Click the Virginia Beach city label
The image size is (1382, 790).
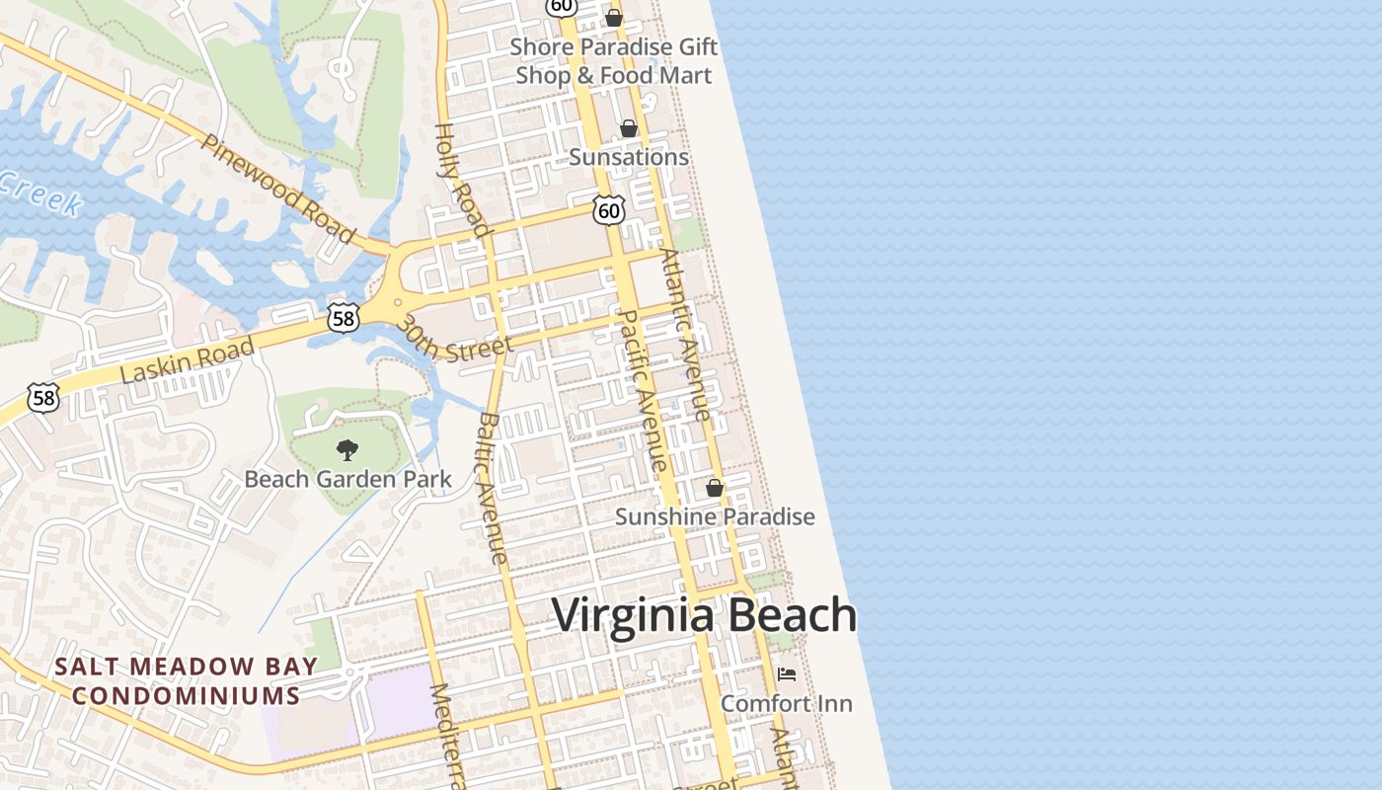coord(704,615)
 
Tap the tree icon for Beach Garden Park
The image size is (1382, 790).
coord(346,451)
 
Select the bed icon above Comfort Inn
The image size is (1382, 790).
coord(787,674)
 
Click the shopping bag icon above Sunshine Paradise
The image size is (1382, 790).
coord(715,488)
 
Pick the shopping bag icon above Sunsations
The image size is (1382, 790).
coord(629,128)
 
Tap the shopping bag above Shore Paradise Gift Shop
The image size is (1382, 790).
coord(614,18)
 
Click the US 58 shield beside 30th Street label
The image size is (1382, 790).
coord(343,317)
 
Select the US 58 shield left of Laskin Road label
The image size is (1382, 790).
coord(43,398)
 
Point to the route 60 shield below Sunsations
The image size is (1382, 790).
coord(609,209)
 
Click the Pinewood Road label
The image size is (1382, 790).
coord(277,189)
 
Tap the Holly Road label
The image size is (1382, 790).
coord(463,181)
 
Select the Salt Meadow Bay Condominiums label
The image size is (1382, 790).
coord(187,681)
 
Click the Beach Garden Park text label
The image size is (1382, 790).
coord(347,480)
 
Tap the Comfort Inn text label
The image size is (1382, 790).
coord(787,704)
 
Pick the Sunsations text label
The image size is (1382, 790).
coord(629,157)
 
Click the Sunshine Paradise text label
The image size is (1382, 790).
coord(715,516)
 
